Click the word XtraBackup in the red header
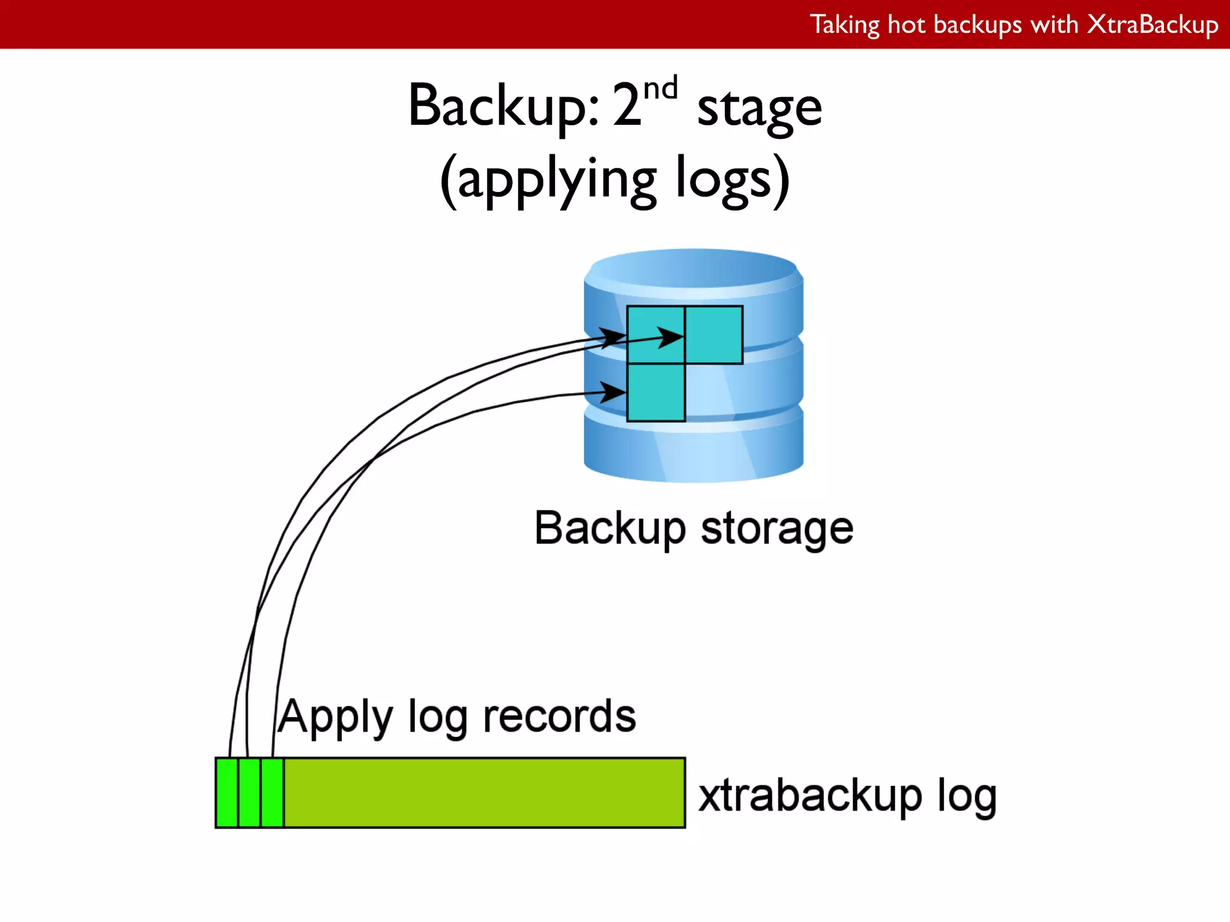point(1153,25)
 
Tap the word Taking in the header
point(845,25)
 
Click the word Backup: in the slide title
point(503,106)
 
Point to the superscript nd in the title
point(660,89)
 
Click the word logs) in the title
point(732,179)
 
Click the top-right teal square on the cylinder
point(714,334)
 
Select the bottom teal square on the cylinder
point(656,393)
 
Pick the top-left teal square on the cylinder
point(656,334)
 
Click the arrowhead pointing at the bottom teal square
point(613,393)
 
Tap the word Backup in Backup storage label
point(610,529)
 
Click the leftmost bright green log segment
point(227,793)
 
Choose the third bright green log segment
point(272,793)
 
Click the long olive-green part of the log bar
point(484,793)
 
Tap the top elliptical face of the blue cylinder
point(694,267)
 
